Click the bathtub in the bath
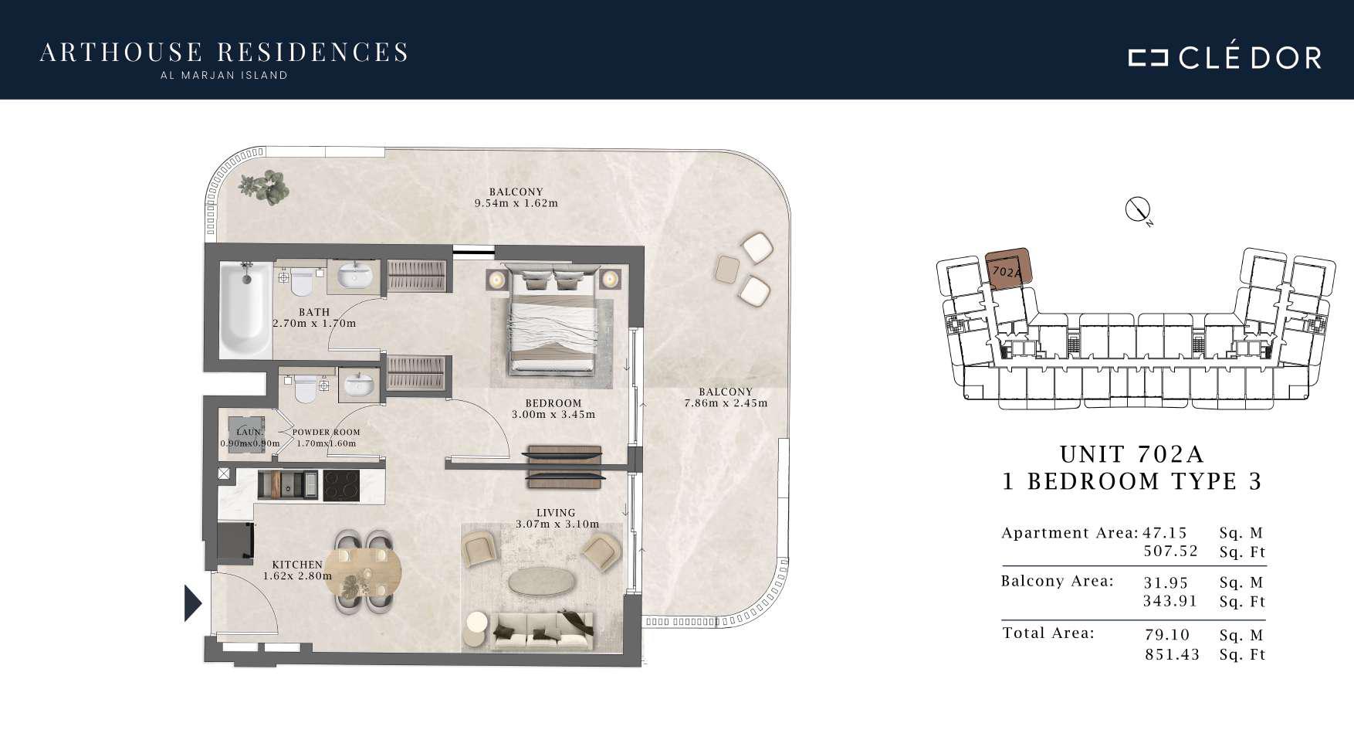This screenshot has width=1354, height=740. [x=245, y=310]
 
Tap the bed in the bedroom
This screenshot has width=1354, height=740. [x=553, y=321]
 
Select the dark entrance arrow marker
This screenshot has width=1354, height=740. [x=193, y=603]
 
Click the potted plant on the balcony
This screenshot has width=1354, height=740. [x=265, y=187]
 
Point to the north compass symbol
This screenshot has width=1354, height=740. [x=1138, y=209]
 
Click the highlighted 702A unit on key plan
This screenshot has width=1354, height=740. [x=1007, y=270]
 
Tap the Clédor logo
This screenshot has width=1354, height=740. [x=1224, y=56]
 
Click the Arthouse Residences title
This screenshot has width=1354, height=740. [x=224, y=52]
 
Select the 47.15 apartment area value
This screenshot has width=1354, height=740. [x=1165, y=533]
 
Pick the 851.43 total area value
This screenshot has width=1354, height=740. [x=1173, y=655]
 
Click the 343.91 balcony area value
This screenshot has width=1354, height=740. [x=1170, y=602]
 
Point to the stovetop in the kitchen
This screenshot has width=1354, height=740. [x=341, y=486]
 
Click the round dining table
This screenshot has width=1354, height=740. [x=364, y=572]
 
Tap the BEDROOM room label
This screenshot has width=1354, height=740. [x=553, y=403]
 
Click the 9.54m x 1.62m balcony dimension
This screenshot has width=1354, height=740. [x=516, y=204]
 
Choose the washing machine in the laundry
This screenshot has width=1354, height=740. [x=248, y=434]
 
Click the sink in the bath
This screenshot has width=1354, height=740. [x=354, y=275]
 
